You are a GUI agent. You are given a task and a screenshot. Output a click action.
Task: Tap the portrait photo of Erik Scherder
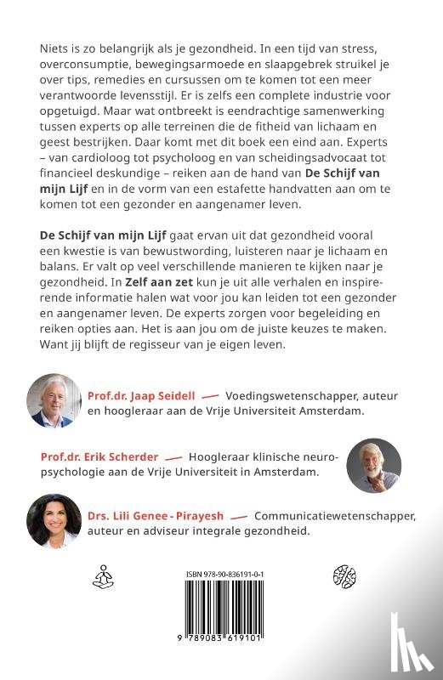pos(375,464)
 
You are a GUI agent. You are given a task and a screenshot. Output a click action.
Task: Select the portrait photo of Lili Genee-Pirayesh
pos(54,520)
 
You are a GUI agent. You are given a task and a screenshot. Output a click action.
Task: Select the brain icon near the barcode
pos(342,575)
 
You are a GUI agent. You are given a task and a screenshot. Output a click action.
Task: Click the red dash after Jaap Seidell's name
pos(210,396)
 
